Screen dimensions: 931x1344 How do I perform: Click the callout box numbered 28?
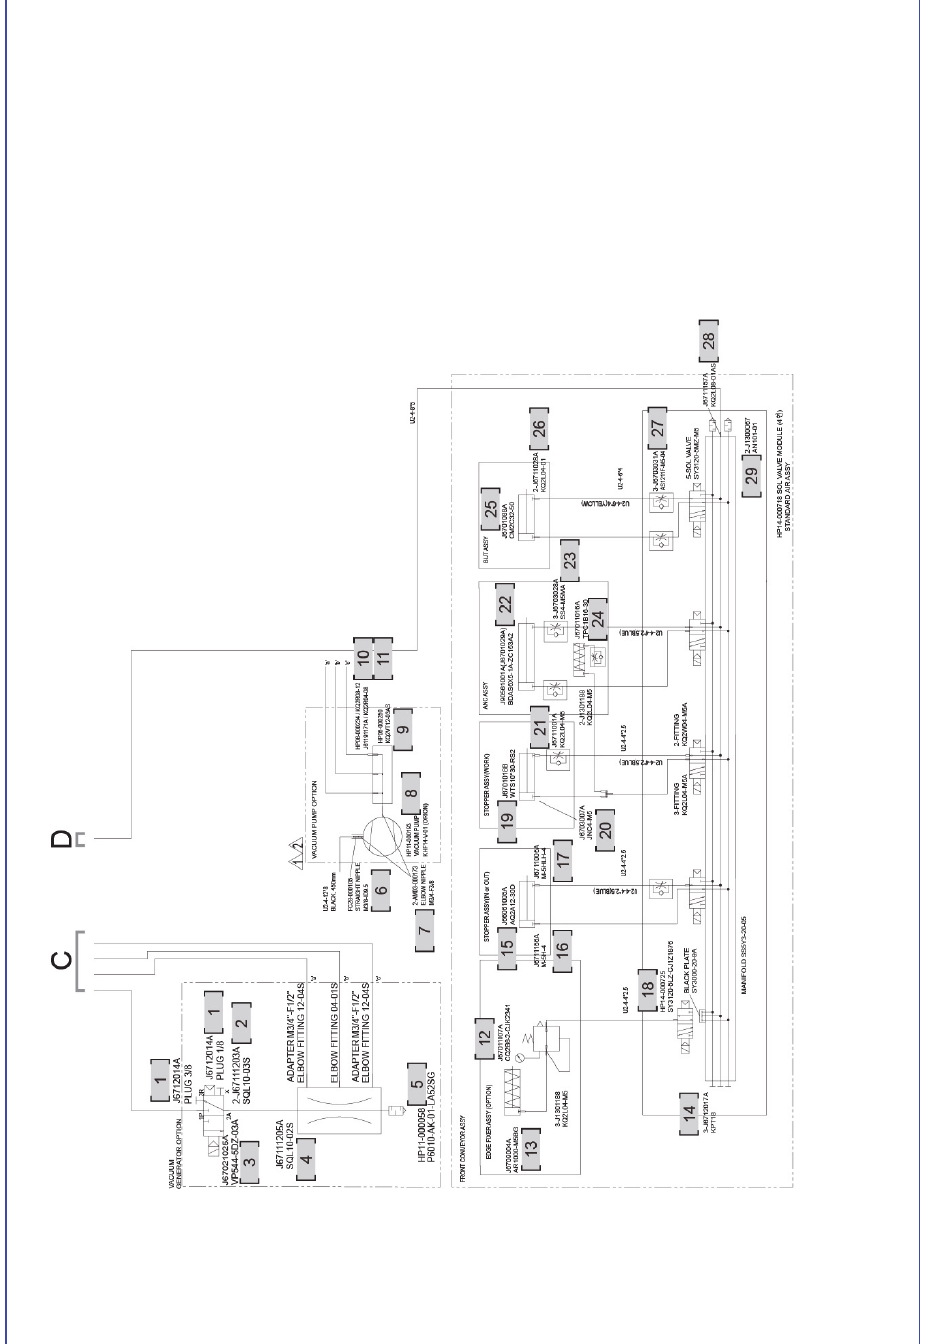coord(709,341)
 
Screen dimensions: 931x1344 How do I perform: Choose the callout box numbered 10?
coord(363,655)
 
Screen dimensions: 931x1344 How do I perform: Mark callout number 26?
coord(538,427)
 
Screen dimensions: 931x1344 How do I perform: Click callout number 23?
coord(569,560)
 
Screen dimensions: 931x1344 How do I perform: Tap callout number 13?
coord(530,1144)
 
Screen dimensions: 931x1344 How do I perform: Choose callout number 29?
coord(751,472)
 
